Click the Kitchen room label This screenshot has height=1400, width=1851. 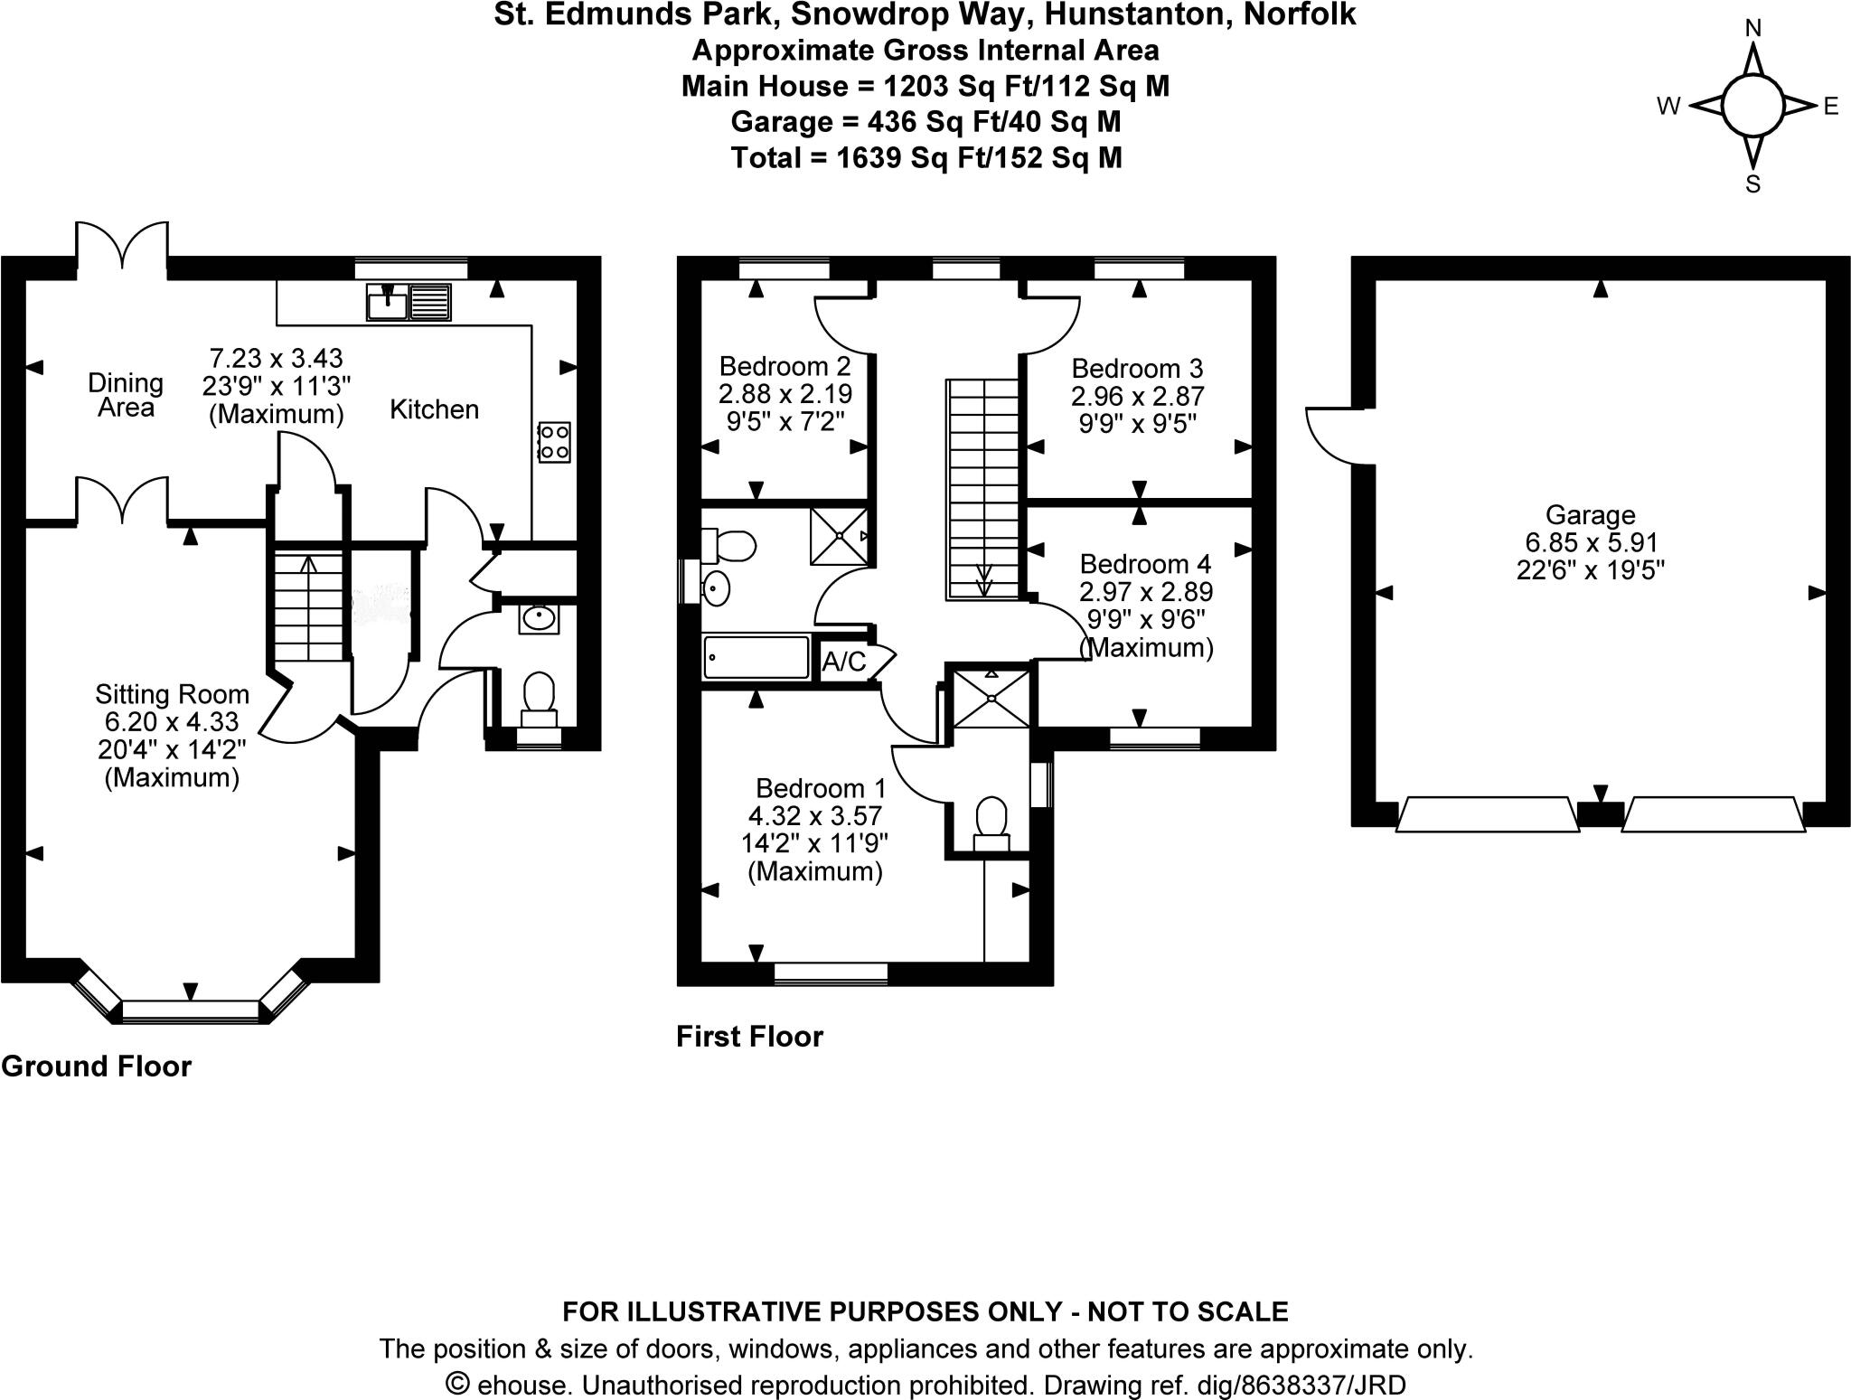[434, 409]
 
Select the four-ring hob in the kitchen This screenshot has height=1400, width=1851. [553, 442]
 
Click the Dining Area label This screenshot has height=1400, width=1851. [126, 395]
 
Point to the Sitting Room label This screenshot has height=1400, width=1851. [172, 694]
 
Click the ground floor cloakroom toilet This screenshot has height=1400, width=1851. [540, 698]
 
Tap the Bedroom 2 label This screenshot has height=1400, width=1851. [785, 366]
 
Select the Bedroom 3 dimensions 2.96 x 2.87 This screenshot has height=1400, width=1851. [1137, 396]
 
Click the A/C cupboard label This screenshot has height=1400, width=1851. [843, 662]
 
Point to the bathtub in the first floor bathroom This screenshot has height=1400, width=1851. [756, 657]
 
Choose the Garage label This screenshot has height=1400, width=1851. [1590, 514]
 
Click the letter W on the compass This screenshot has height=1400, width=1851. [1668, 107]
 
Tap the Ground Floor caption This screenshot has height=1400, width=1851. [97, 1066]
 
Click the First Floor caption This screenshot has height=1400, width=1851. [749, 1036]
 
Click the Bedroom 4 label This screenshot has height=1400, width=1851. [1144, 564]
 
